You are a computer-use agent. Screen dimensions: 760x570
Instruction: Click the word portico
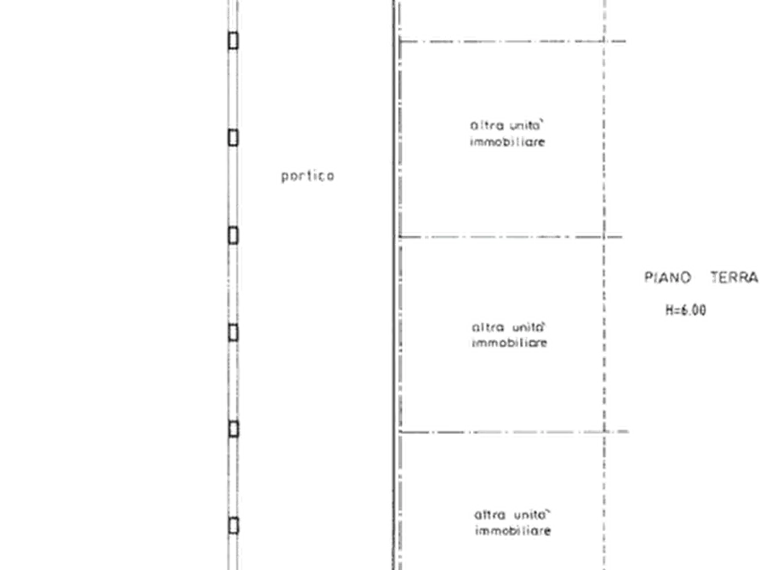click(308, 176)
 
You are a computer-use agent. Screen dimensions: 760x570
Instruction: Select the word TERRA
click(734, 277)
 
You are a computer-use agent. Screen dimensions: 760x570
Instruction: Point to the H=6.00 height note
click(685, 311)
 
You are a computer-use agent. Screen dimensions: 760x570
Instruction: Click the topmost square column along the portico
click(233, 41)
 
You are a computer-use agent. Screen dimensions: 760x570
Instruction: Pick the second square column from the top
click(233, 138)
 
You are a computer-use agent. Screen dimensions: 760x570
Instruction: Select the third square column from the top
click(233, 236)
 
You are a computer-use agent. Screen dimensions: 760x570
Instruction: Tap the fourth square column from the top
click(233, 333)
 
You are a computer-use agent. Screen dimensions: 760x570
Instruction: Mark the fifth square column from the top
click(233, 429)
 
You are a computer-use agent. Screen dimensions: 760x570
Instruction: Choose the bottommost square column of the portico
click(233, 526)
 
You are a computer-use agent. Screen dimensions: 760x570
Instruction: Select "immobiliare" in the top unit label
click(507, 142)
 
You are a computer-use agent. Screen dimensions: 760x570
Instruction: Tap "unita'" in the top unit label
click(526, 126)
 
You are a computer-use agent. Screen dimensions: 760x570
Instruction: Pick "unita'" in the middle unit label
click(529, 328)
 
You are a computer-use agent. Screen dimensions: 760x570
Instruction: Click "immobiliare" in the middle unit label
click(510, 343)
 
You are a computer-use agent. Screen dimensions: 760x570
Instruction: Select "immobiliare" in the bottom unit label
click(513, 531)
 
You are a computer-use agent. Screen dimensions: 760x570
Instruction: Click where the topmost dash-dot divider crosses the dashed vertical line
click(604, 41)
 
